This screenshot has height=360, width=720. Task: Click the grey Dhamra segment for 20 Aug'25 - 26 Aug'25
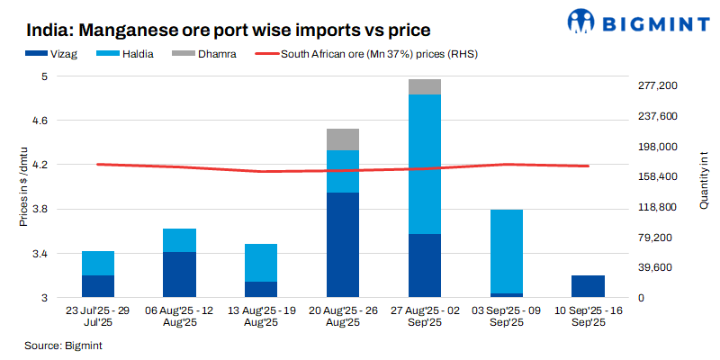pyautogui.click(x=342, y=139)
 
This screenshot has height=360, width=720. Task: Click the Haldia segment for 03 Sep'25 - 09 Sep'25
pyautogui.click(x=506, y=251)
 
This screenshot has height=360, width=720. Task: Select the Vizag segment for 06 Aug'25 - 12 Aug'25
pyautogui.click(x=179, y=274)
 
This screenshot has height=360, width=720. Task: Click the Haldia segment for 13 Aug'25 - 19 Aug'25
pyautogui.click(x=261, y=263)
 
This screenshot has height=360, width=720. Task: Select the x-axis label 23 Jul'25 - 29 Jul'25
pyautogui.click(x=98, y=316)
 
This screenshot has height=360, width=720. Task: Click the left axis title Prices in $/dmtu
pyautogui.click(x=24, y=186)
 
